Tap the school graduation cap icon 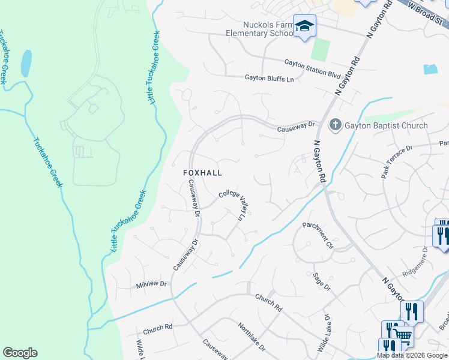(304, 26)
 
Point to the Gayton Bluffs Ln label (270, 78)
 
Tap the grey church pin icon (335, 125)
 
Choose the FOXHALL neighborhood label (202, 173)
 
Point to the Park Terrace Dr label (397, 161)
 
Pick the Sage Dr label (322, 281)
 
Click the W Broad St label (428, 13)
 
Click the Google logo (20, 353)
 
